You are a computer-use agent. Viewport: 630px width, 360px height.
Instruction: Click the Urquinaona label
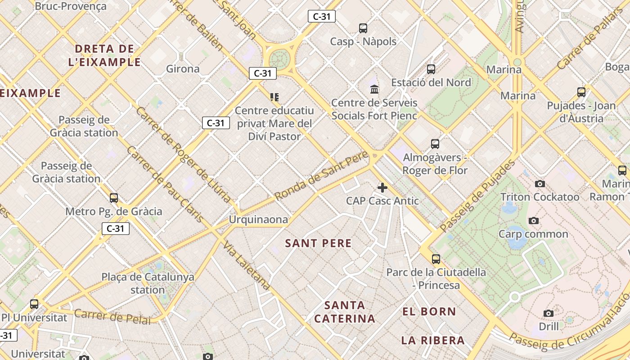(x=258, y=220)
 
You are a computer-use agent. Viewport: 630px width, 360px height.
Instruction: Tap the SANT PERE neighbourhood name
(x=318, y=243)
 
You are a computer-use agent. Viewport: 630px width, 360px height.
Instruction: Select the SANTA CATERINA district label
(x=344, y=312)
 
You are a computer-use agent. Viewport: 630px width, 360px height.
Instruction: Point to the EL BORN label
(x=429, y=311)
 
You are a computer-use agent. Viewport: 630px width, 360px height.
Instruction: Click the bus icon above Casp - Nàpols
(x=363, y=28)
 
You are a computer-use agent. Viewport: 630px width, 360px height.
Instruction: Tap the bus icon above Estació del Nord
(x=431, y=69)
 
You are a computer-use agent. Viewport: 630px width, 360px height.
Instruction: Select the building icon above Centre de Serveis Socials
(x=374, y=89)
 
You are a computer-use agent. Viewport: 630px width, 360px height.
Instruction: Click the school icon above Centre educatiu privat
(x=274, y=97)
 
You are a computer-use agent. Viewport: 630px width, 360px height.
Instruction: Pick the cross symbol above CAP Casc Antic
(x=382, y=188)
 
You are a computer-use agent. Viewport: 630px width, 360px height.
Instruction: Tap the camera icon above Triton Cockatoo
(x=540, y=184)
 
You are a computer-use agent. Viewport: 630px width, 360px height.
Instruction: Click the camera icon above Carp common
(x=534, y=220)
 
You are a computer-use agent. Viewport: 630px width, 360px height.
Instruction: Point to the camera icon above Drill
(x=548, y=313)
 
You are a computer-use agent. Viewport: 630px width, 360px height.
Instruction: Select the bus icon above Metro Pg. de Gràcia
(x=114, y=198)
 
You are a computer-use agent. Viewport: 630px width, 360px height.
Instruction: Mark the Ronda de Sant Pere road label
(x=321, y=176)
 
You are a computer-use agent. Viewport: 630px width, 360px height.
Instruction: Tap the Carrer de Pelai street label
(x=112, y=316)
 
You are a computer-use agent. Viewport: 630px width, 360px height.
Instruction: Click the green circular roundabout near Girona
(x=279, y=59)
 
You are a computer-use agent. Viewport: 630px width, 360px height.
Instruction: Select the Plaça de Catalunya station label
(x=148, y=283)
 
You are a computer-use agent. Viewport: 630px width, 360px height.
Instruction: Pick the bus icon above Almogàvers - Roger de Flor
(x=435, y=144)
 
